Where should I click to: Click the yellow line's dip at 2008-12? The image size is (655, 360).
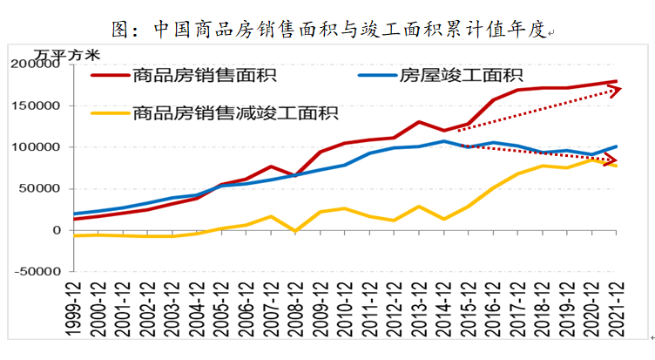click(x=295, y=231)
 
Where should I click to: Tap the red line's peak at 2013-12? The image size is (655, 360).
click(x=419, y=122)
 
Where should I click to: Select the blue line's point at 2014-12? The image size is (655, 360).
click(x=444, y=141)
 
